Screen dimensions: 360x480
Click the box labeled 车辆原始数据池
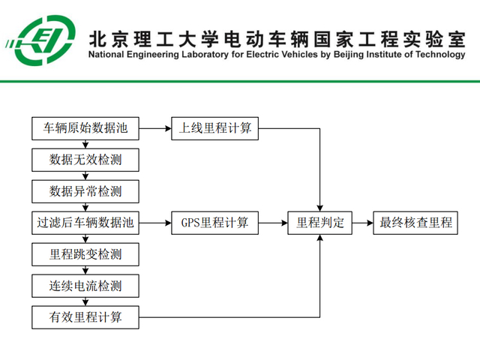[x=85, y=128]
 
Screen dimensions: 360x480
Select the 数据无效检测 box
[x=85, y=160]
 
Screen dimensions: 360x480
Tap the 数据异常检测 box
[x=85, y=191]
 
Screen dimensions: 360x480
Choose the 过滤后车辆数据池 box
[x=85, y=223]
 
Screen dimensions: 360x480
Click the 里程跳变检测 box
[x=85, y=254]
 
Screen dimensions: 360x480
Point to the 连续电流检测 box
[x=85, y=286]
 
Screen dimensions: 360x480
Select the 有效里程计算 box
[x=85, y=317]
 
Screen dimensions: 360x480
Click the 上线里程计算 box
[x=214, y=128]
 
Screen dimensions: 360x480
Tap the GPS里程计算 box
[x=214, y=223]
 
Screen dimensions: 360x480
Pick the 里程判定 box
[x=320, y=223]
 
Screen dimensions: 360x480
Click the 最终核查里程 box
[x=415, y=223]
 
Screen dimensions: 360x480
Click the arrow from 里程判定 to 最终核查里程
[x=363, y=223]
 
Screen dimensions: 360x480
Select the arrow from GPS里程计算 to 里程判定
[x=273, y=223]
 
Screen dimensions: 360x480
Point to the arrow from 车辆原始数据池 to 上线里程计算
[x=155, y=128]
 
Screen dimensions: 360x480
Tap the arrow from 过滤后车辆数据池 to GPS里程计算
[x=155, y=223]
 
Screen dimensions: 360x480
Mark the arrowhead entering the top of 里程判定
[x=321, y=208]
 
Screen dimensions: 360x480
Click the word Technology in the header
[x=438, y=55]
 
